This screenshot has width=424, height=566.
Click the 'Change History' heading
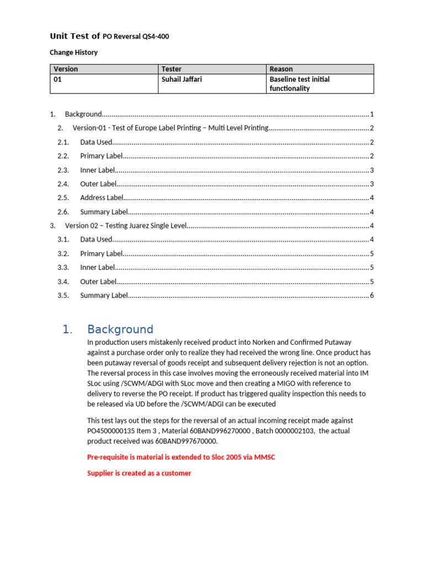click(73, 53)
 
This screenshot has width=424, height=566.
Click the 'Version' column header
click(66, 69)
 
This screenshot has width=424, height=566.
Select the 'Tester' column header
click(171, 69)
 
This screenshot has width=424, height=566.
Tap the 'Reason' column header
click(281, 69)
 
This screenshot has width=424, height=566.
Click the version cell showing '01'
click(58, 80)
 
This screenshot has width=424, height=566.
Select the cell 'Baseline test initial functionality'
click(299, 84)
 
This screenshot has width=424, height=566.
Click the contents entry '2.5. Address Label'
click(102, 198)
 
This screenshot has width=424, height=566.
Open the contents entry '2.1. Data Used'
click(96, 142)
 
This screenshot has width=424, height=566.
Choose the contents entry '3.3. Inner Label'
click(98, 268)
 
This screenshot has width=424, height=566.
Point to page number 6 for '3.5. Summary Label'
click(372, 296)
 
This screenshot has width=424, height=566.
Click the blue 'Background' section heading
click(120, 329)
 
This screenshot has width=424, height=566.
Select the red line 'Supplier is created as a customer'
click(139, 473)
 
